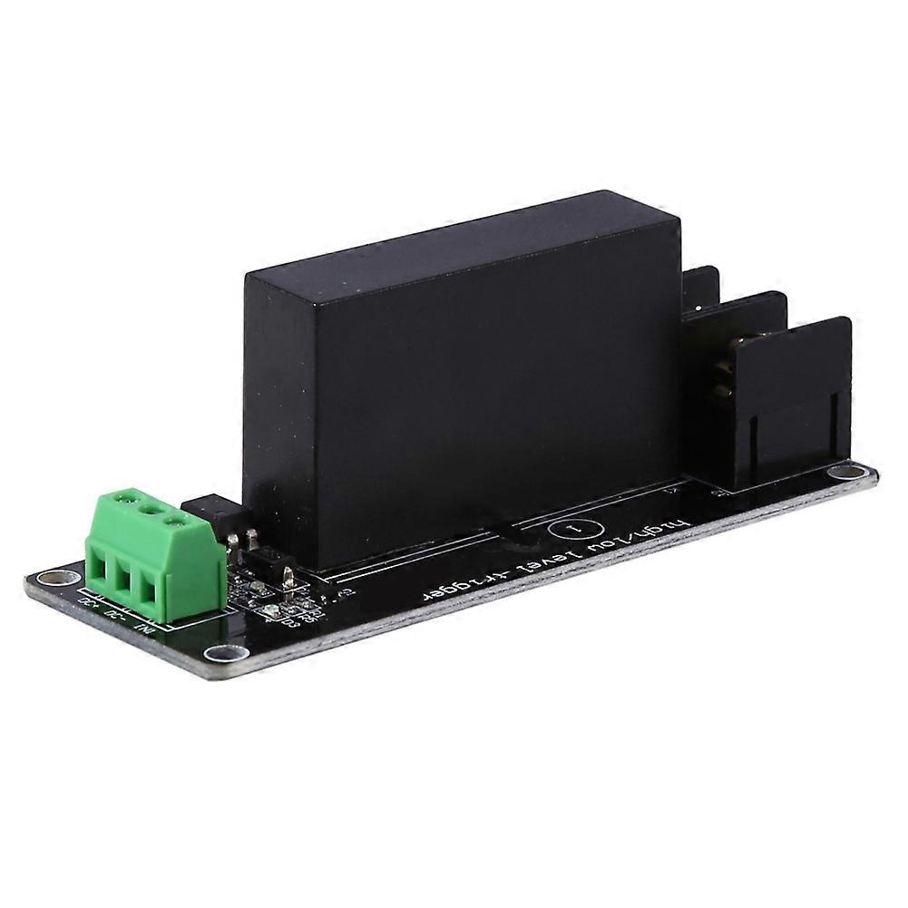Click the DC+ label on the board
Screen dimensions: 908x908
point(89,602)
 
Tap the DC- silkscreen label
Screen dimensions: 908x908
point(115,613)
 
